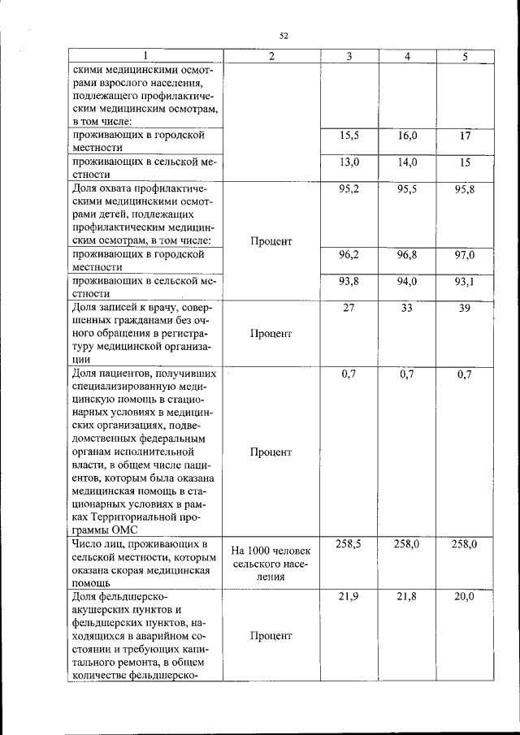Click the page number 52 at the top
284,35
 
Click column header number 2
271,56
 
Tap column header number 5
465,56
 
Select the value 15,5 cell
349,136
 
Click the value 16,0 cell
407,136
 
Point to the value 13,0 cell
349,162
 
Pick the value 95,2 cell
349,188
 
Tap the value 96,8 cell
407,255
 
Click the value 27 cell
349,308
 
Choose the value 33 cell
407,308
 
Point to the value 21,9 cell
349,597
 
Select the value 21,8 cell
407,597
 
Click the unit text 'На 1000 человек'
271,551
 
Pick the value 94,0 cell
407,281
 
